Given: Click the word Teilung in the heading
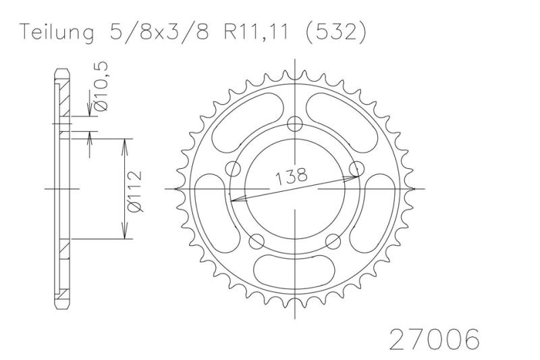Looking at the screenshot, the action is [x=57, y=33].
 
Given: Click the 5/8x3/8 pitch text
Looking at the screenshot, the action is [x=159, y=32].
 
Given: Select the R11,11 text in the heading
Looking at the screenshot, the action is [x=256, y=33].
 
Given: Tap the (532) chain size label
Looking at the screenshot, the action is [x=335, y=33].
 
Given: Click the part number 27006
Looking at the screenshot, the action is [x=434, y=339].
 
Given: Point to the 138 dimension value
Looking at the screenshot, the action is [x=291, y=176].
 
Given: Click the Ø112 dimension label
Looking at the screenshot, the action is [x=134, y=191].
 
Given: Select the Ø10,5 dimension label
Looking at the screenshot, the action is [x=101, y=86].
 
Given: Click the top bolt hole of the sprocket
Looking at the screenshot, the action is [x=295, y=124].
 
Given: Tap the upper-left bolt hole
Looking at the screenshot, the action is [x=233, y=169].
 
